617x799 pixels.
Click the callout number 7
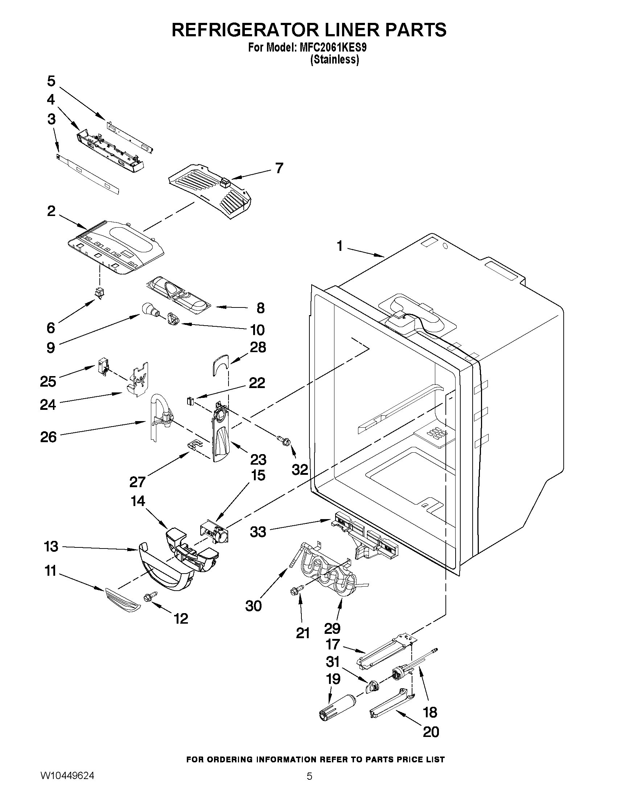[279, 168]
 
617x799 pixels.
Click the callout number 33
[258, 532]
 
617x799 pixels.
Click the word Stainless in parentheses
[334, 59]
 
